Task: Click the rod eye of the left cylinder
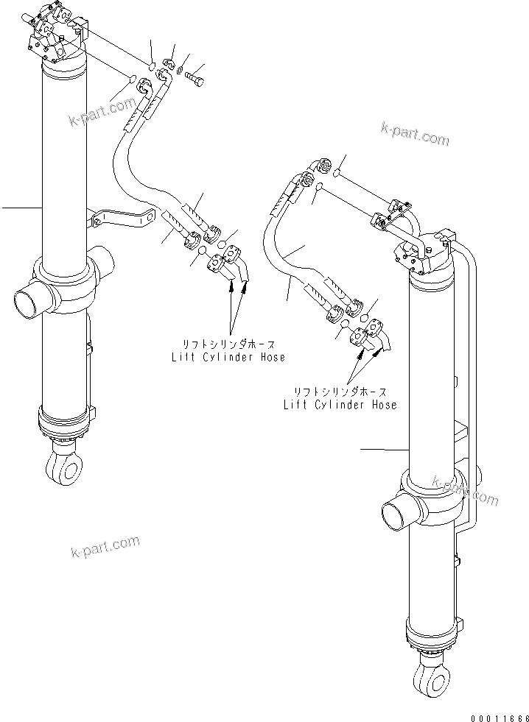[x=62, y=466]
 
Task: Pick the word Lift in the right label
[x=295, y=404]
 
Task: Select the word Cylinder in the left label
[x=228, y=357]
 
